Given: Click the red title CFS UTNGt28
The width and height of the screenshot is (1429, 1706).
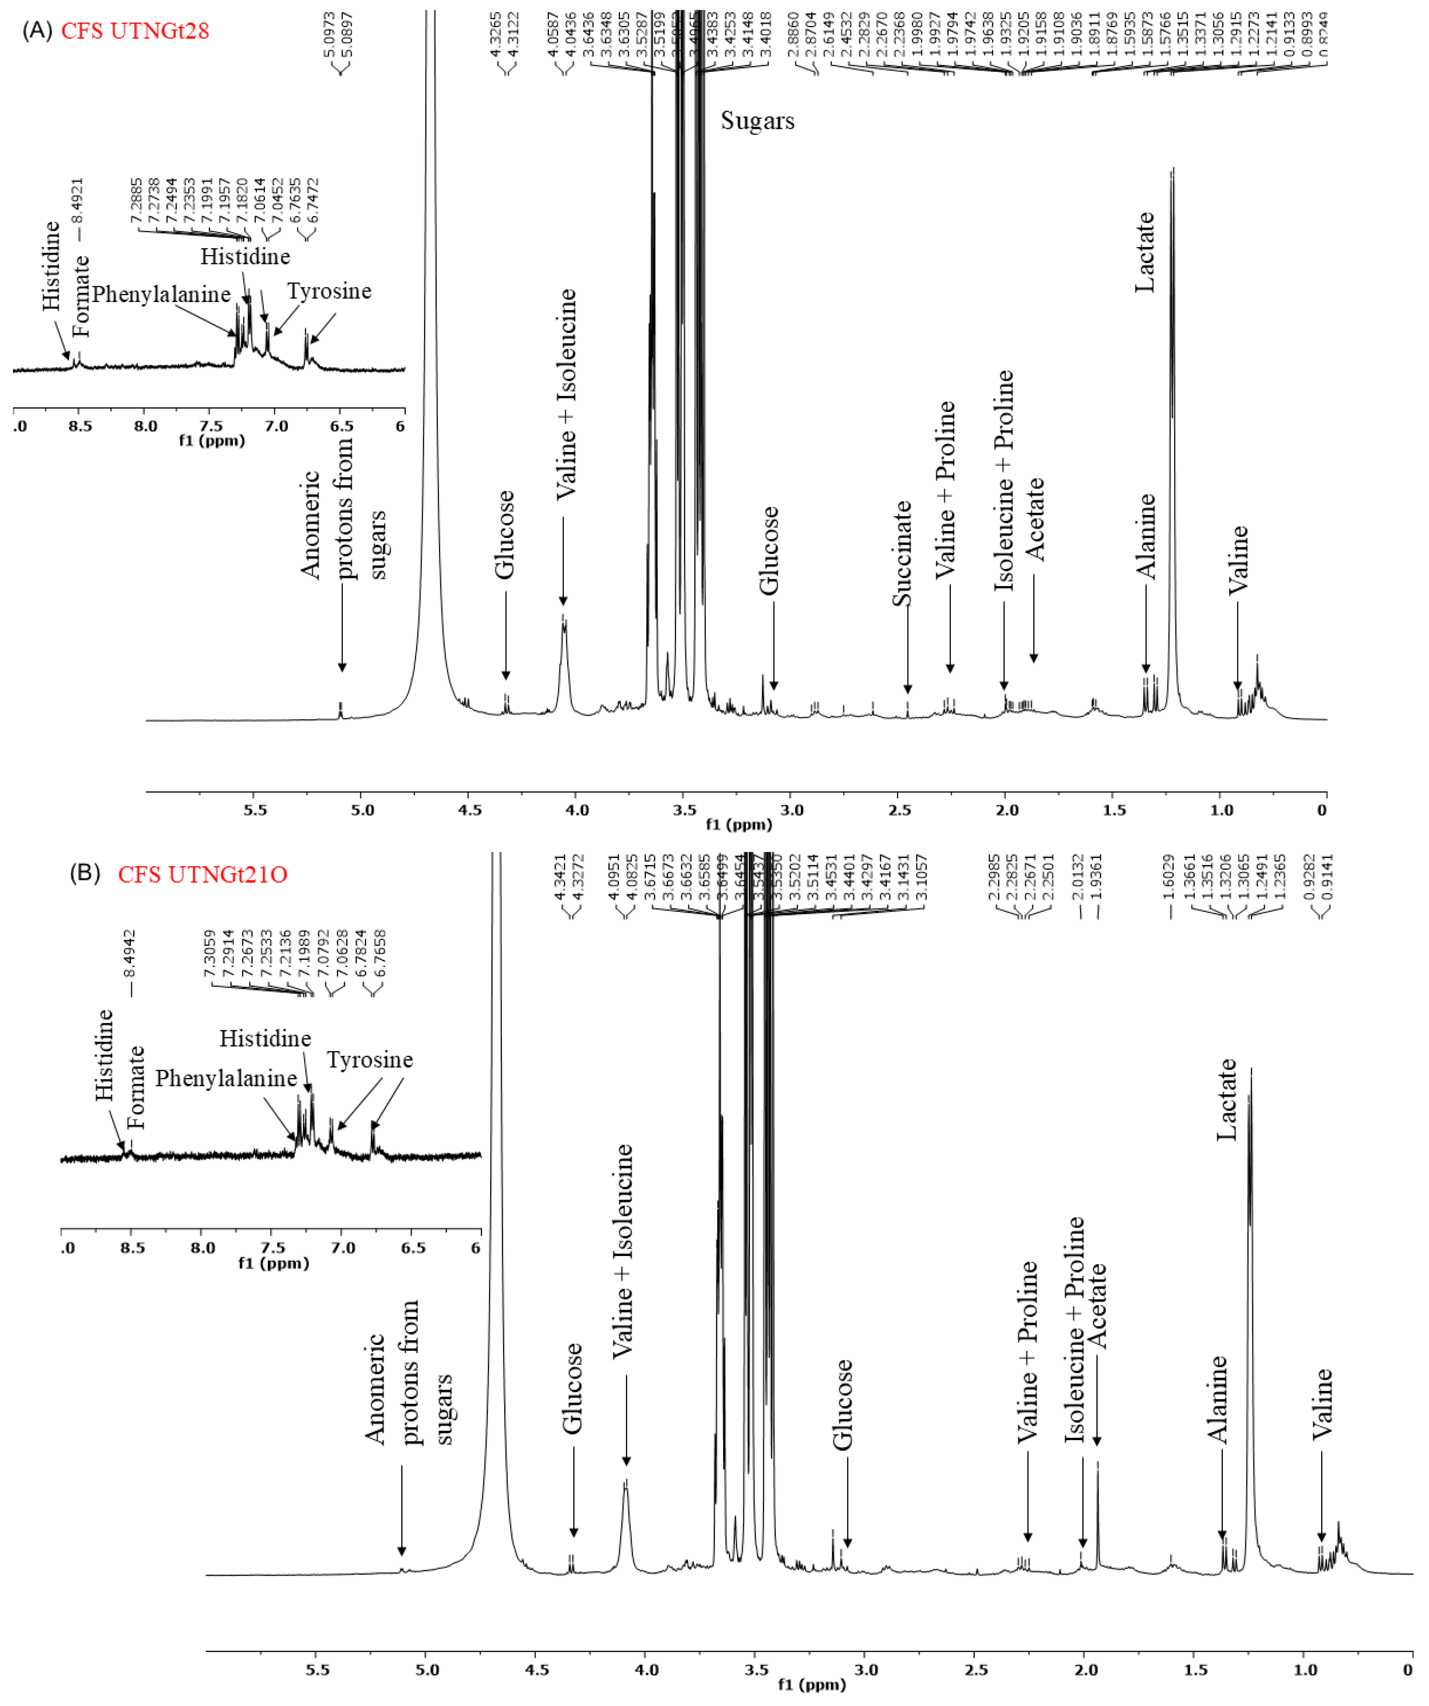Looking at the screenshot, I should [135, 31].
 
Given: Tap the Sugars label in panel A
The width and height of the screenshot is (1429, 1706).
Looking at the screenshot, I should [757, 121].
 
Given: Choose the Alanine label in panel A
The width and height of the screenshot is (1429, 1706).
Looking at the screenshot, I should [1146, 536].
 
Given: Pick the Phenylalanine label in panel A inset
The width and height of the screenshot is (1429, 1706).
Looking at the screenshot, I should [161, 294].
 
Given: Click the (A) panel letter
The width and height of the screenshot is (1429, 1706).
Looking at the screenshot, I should [37, 31].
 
